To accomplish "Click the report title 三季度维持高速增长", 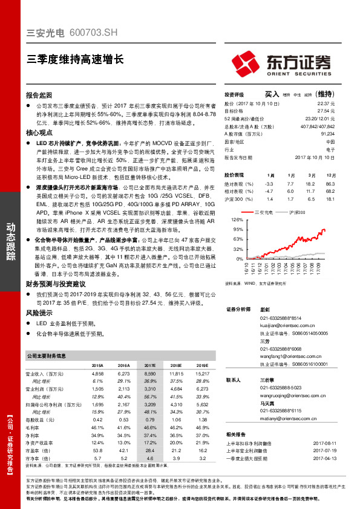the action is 75,59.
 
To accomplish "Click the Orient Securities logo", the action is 282,63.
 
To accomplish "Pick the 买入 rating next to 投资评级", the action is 272,94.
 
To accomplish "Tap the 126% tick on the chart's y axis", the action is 237,220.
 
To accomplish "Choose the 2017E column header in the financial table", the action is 150,366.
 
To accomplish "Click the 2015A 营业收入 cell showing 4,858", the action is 97,375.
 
